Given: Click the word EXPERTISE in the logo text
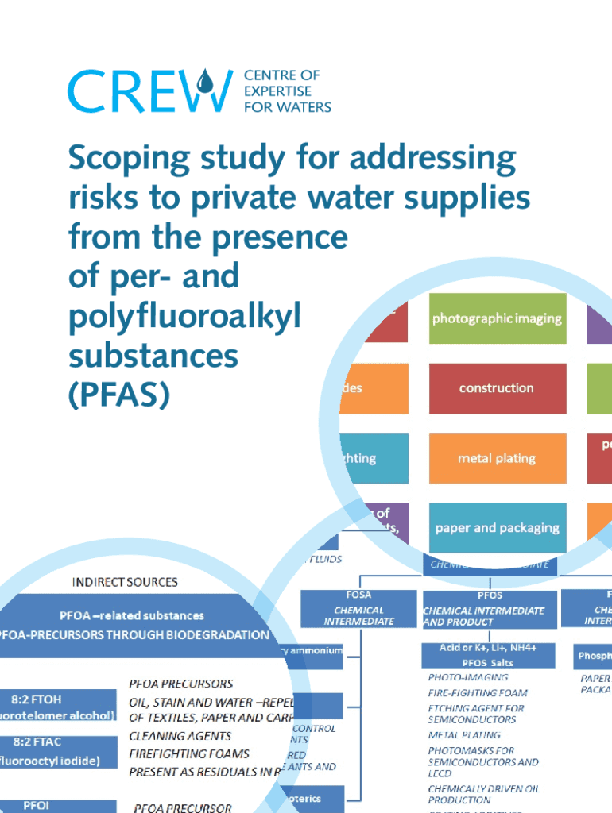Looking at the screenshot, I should pos(272,91).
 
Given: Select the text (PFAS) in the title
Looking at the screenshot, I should pos(119,395).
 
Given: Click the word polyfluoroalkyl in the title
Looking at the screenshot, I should pos(184,317).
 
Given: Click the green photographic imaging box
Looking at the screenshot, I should pos(497,318).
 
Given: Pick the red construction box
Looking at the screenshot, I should pos(497,388).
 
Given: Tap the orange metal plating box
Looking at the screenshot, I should pos(497,458).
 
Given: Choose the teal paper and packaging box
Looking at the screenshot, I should pos(497,528).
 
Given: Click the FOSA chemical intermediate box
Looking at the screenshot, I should pos(358,608).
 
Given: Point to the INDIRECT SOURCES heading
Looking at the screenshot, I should pos(125,582).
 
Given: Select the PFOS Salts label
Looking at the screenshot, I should pos(487,662).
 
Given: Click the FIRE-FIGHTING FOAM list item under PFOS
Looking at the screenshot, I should pos(477,692).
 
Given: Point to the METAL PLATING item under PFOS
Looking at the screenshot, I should pos(464,735).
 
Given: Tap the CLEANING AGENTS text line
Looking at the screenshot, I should pos(180,736).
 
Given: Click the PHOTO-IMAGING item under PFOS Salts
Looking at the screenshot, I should pos(467,677).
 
